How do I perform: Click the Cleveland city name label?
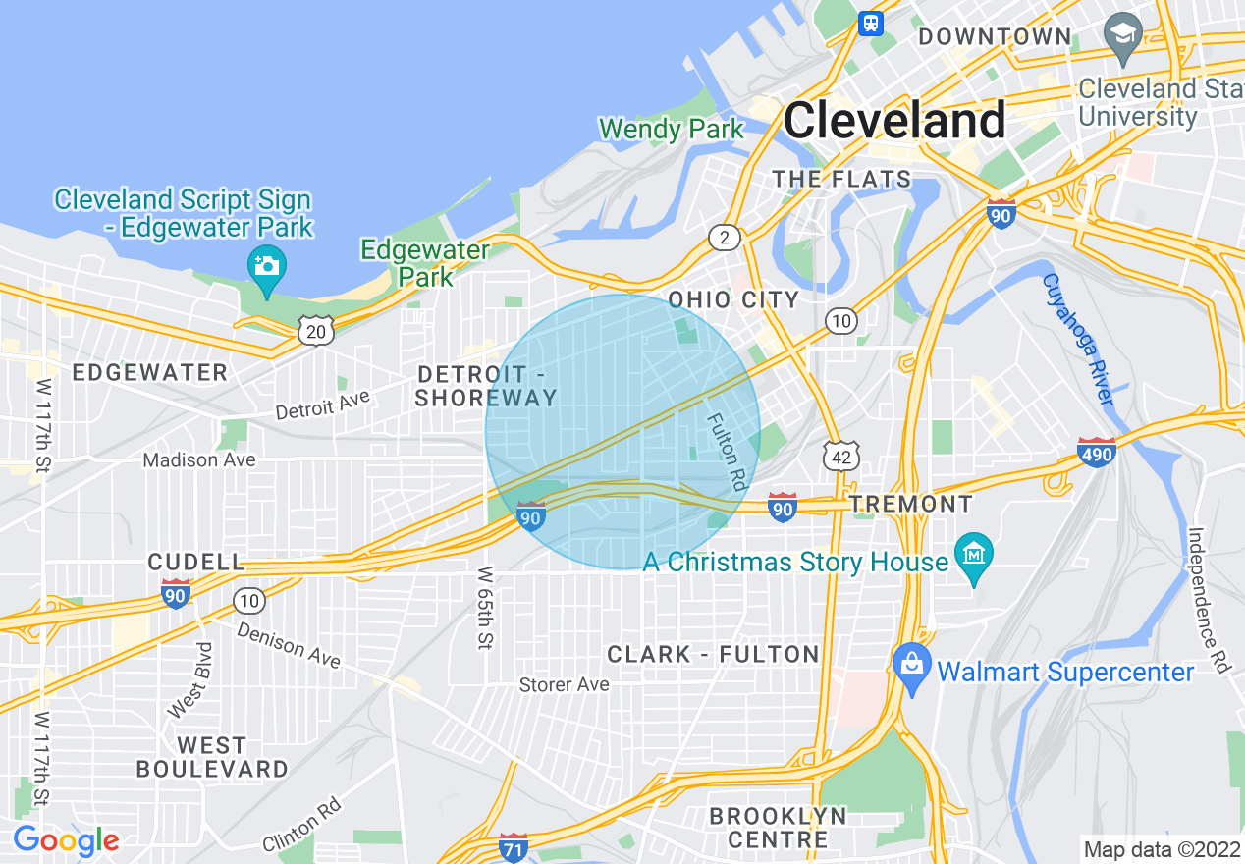pos(894,121)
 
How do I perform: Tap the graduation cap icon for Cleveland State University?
pos(1122,32)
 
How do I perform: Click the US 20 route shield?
pos(316,331)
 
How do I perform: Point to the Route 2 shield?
pos(725,237)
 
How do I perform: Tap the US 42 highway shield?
pos(842,455)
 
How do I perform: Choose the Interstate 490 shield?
pos(1096,452)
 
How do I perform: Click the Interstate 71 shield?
pos(513,846)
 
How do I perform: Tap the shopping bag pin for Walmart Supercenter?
pos(912,667)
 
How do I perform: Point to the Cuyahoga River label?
pos(1079,340)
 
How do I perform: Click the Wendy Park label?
pos(672,129)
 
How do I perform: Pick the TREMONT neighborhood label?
pos(911,505)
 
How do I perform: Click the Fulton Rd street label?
pos(726,451)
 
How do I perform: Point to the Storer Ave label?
pos(564,684)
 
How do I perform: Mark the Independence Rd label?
pos(1210,600)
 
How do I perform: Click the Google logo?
pos(66,840)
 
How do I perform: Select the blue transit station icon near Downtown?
pos(870,23)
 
